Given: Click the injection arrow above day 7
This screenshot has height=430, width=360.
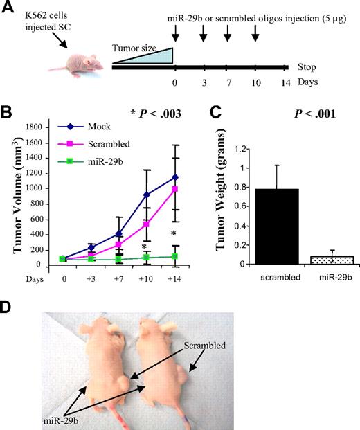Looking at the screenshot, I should point(228,33).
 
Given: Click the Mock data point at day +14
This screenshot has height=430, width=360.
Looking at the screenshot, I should point(186,177).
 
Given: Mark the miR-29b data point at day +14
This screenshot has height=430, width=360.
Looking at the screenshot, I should point(186,256).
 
